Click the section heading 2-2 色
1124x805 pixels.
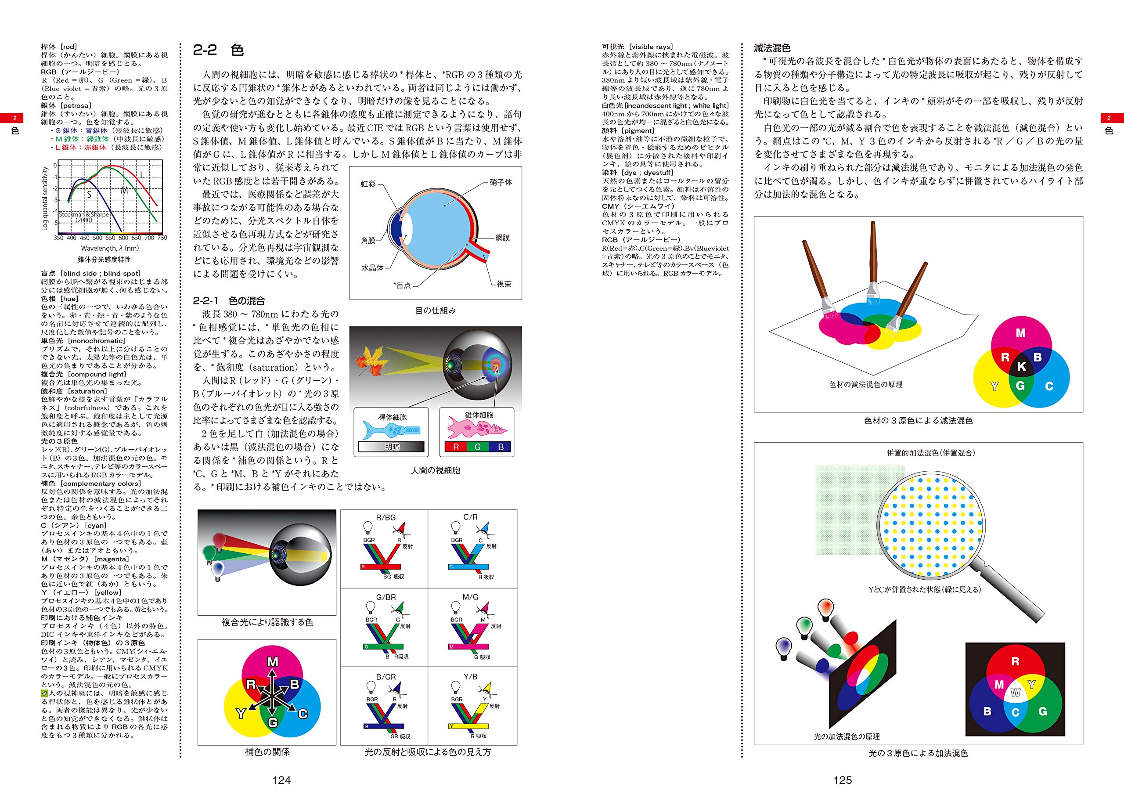click(218, 50)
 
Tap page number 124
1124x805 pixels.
click(281, 780)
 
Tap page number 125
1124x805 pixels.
click(843, 780)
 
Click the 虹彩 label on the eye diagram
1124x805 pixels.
click(368, 184)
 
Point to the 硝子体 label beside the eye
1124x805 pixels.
click(501, 182)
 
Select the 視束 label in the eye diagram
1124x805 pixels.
click(504, 284)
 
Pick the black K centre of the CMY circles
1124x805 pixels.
click(1021, 366)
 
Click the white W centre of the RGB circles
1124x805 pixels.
click(1016, 693)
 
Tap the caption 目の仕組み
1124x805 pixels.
click(435, 311)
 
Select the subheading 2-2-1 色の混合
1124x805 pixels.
click(229, 300)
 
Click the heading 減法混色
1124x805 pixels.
click(771, 48)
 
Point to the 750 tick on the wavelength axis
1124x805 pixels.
click(162, 238)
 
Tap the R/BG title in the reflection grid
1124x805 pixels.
click(385, 517)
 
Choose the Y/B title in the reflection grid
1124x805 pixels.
click(470, 676)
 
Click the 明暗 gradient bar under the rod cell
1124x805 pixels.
click(392, 447)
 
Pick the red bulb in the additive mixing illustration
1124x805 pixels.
click(825, 607)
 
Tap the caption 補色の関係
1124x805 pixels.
click(267, 752)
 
